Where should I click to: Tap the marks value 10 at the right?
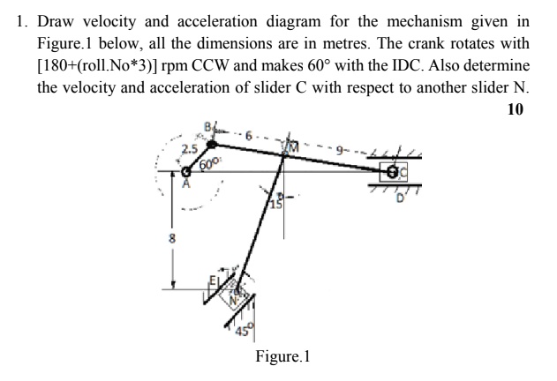[x=516, y=109]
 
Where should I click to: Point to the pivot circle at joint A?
[x=185, y=173]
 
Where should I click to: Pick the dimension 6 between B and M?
[x=249, y=138]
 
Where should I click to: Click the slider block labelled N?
[x=235, y=292]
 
